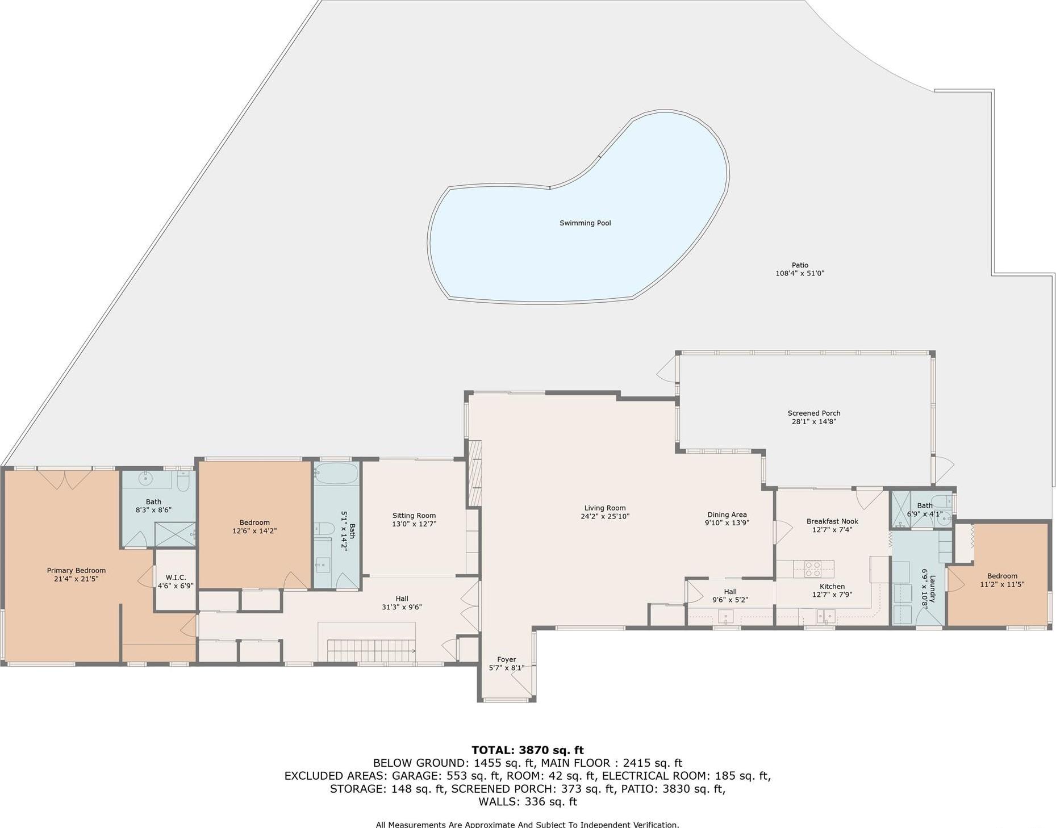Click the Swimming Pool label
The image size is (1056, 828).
pos(585,223)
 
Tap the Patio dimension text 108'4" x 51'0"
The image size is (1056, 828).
pos(799,273)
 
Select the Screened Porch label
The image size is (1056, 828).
pos(813,413)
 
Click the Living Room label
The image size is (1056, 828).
pos(604,508)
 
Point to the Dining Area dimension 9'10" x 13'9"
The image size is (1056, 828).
pos(727,523)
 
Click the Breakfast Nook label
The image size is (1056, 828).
pos(832,521)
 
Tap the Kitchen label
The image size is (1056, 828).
pos(832,586)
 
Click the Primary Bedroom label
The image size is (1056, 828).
pos(76,570)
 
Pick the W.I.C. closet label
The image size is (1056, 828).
pos(176,577)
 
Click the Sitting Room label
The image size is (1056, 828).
pos(414,516)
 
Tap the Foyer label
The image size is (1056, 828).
pos(506,659)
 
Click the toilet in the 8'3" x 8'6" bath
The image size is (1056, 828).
pos(183,483)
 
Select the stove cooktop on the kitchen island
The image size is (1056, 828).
pos(812,568)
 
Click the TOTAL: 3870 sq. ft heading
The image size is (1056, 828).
pos(527,750)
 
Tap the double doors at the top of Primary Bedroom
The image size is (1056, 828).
pos(65,479)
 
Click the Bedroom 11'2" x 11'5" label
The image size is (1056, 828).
pos(1002,576)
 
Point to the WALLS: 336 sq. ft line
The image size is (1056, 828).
pos(527,802)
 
